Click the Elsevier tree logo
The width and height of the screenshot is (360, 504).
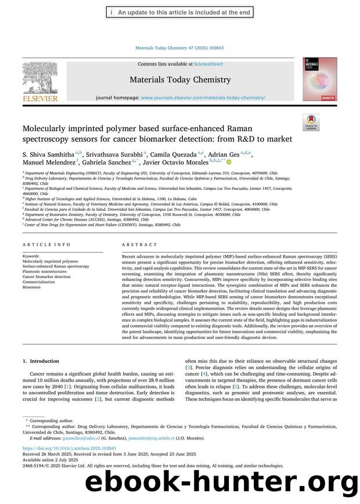(39, 78)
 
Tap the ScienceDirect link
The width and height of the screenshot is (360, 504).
(213, 64)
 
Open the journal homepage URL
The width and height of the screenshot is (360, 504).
(203, 98)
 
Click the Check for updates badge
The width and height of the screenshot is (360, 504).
(311, 122)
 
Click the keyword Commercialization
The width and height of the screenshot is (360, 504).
(39, 282)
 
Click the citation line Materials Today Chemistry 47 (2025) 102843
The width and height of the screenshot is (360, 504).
(179, 48)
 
